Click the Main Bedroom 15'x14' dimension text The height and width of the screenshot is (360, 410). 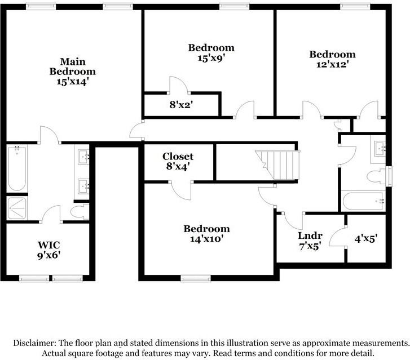coord(72,82)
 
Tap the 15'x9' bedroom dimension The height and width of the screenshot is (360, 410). coord(211,58)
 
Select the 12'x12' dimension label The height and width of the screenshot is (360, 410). coord(332,64)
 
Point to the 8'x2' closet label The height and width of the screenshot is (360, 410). coord(181,105)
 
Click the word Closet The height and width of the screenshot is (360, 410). coord(178,157)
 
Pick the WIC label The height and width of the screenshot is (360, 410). coord(49,245)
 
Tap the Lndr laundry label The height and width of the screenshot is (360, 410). coord(310,235)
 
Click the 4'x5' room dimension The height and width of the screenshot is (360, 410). coord(366,238)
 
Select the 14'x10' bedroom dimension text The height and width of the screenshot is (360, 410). coord(206,239)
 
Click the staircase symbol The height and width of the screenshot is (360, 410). coord(277,165)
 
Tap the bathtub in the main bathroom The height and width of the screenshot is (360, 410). coord(17,169)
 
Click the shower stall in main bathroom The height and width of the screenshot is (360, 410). coord(17,208)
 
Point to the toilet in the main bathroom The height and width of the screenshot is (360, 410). coord(80,212)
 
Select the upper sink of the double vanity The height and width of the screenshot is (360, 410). coord(83,157)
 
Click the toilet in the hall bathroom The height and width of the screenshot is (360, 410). coord(376,177)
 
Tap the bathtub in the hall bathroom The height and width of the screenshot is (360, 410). coord(363,201)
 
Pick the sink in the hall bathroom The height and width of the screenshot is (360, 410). coord(380,149)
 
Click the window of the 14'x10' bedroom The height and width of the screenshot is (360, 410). coord(196,279)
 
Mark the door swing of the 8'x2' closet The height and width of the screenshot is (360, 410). coord(179,85)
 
